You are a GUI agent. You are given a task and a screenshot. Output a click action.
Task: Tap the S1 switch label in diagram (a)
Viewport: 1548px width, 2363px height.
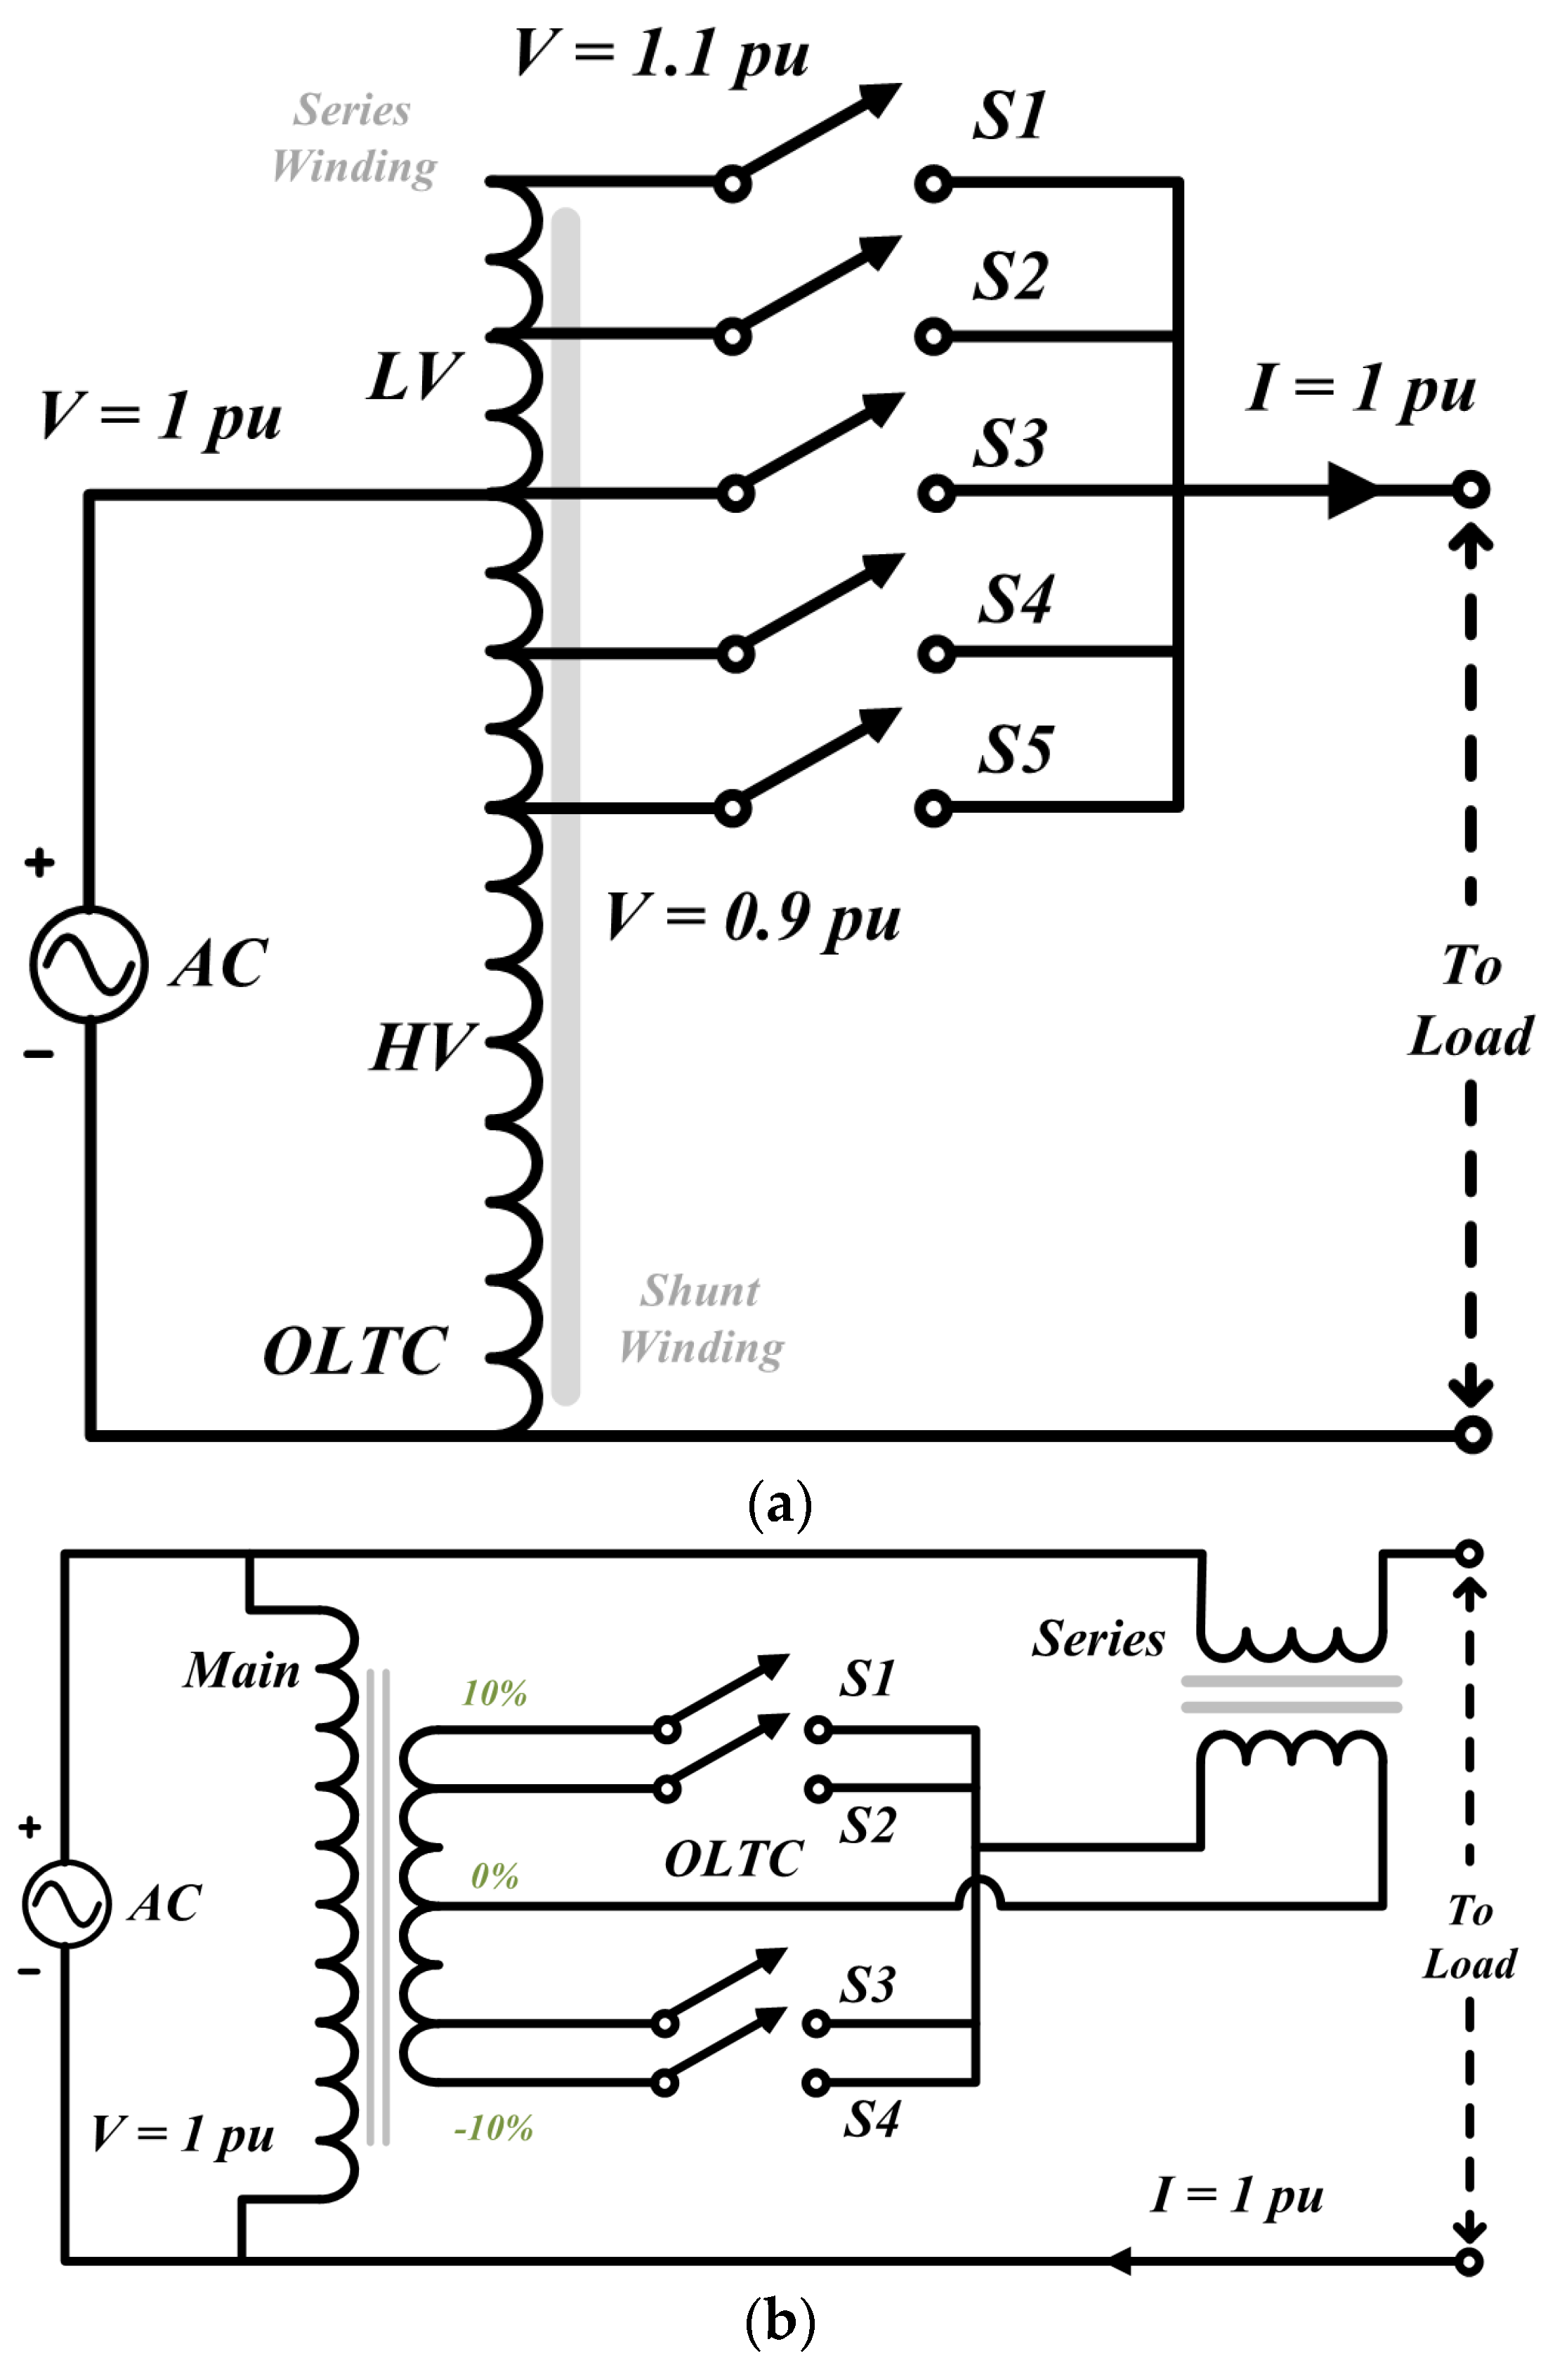coord(1008,116)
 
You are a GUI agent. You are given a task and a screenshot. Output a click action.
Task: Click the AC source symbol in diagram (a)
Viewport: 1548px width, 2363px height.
coord(88,964)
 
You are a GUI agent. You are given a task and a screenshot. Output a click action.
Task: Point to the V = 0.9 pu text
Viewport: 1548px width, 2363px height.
coord(753,918)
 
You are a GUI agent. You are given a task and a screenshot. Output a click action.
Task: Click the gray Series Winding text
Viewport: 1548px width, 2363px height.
coord(353,139)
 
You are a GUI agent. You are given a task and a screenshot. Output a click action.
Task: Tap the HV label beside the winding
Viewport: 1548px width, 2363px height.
coord(423,1047)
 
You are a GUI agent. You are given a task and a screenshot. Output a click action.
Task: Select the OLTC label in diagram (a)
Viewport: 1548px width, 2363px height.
coord(355,1351)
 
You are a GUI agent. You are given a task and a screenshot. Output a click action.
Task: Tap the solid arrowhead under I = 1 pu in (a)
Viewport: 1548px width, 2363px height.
coord(1351,490)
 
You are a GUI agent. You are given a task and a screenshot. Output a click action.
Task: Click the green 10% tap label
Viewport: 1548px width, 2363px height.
coord(494,1693)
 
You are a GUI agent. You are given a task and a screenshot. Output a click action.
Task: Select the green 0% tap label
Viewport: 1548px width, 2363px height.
coord(494,1876)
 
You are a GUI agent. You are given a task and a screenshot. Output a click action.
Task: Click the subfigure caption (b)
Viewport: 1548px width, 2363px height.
coord(780,2322)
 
